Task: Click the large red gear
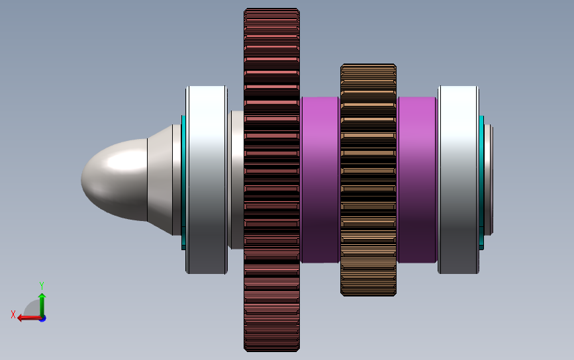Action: [271, 180]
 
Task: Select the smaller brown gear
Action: [368, 180]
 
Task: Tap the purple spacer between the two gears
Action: [320, 180]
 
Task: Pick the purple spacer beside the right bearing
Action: [417, 180]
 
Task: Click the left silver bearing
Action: [207, 180]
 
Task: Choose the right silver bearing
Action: [458, 180]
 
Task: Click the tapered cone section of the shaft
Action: [160, 180]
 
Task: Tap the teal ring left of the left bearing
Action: [183, 182]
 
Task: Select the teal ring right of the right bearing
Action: [482, 182]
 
